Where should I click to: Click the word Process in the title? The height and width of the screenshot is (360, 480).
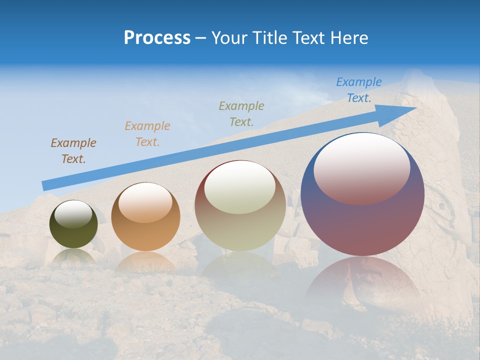point(157,38)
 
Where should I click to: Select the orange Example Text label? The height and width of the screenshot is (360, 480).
point(147,134)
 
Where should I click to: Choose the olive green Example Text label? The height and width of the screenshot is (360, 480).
point(241,113)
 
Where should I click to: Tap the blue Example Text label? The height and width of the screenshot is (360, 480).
point(358,90)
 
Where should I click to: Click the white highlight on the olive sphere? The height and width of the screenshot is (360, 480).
point(73,214)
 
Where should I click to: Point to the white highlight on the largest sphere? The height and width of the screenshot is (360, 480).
point(361,169)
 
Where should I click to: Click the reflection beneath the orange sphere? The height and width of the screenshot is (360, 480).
point(145,262)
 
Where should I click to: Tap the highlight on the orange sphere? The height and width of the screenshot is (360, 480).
point(145,202)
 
